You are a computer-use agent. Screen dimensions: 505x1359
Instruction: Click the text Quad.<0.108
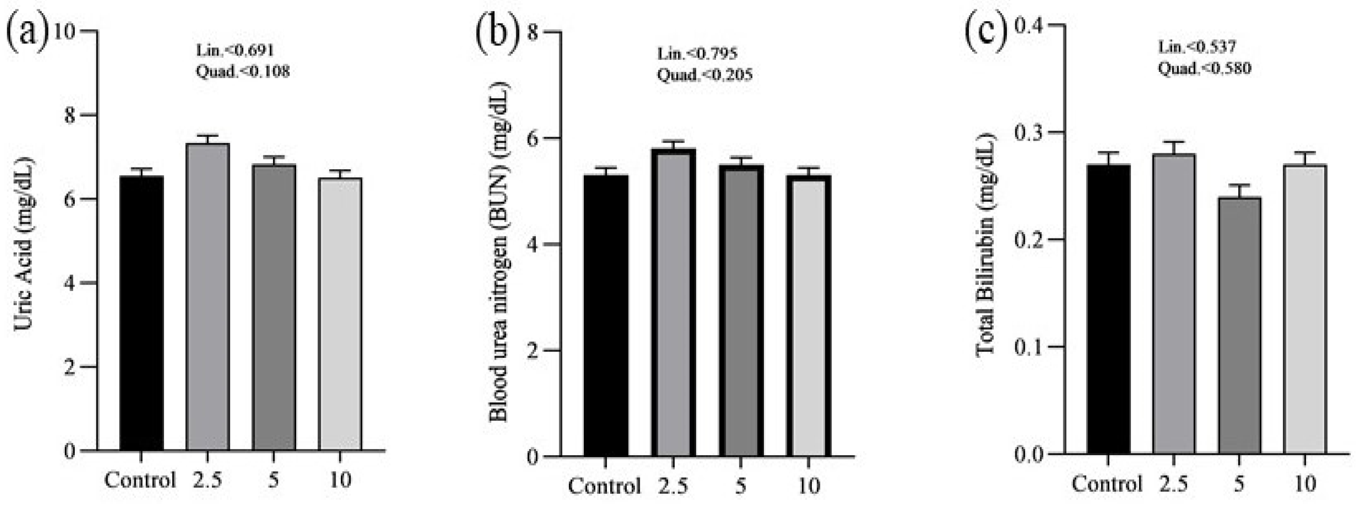(x=243, y=71)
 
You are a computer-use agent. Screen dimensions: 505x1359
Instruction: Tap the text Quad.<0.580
(x=1204, y=69)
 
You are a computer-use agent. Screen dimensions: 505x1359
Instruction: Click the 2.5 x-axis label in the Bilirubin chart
(x=1173, y=483)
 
